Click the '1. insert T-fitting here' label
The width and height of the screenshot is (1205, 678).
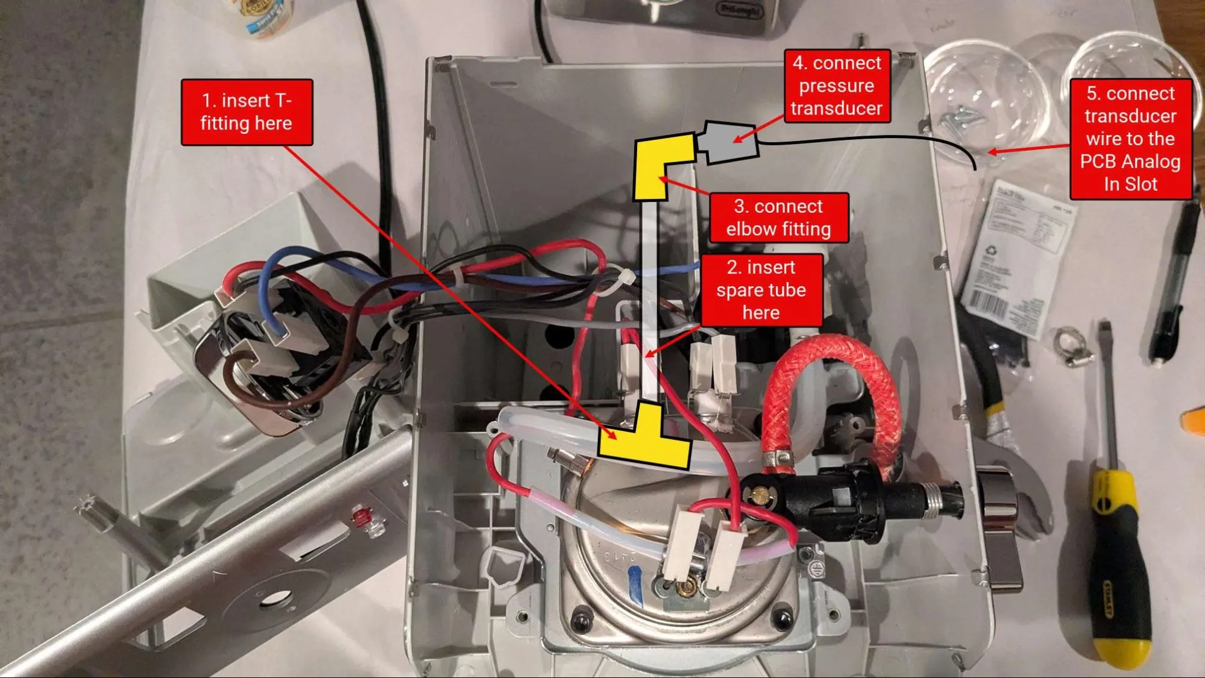click(x=247, y=112)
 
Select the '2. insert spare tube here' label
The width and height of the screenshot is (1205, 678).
click(x=761, y=290)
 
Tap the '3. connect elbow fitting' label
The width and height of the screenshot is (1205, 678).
click(x=778, y=218)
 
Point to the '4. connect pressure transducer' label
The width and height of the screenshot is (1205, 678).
click(x=837, y=86)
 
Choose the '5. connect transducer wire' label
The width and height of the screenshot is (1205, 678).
click(x=1130, y=139)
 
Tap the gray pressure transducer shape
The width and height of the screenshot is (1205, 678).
click(x=728, y=142)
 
